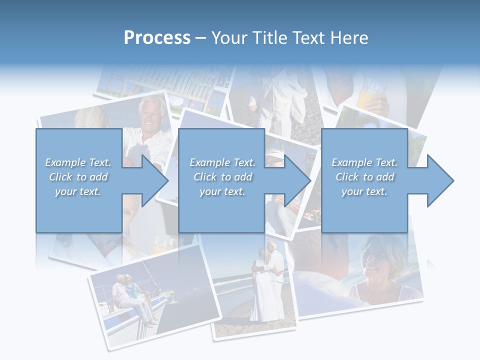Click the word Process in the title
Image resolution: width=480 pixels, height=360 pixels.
click(x=157, y=38)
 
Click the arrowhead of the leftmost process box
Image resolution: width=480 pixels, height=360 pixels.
click(x=154, y=180)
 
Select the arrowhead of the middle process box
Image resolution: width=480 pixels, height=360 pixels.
click(x=297, y=180)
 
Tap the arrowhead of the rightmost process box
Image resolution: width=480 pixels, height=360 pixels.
click(x=440, y=180)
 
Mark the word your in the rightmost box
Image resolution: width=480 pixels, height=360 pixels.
click(x=352, y=191)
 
